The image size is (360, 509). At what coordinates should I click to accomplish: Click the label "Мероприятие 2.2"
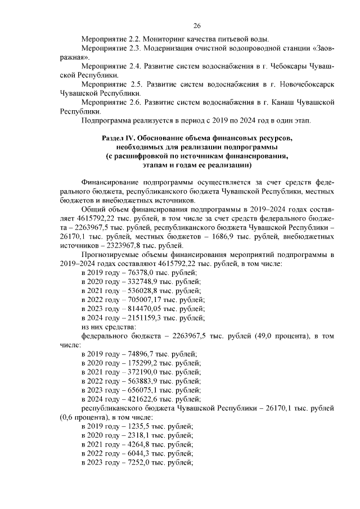click(x=110, y=39)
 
